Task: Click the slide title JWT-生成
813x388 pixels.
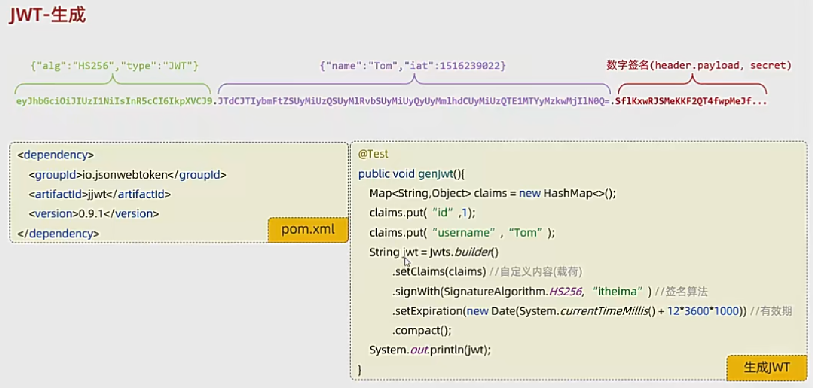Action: click(48, 15)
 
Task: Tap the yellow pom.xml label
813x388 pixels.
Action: click(308, 229)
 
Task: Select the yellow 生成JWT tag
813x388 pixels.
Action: click(766, 367)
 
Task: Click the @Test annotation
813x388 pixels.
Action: click(373, 154)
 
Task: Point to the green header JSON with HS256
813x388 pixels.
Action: click(114, 65)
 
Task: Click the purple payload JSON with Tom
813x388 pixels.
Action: click(413, 65)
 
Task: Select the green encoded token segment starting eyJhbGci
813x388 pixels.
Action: click(114, 101)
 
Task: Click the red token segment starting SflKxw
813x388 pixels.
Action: click(691, 101)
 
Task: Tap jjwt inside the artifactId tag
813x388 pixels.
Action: click(97, 194)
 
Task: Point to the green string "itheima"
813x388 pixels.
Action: click(617, 291)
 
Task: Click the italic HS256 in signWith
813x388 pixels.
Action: click(565, 291)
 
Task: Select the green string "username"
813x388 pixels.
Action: click(463, 233)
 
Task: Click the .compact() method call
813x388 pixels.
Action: click(422, 330)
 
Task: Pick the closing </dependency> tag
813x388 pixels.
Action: click(58, 233)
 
